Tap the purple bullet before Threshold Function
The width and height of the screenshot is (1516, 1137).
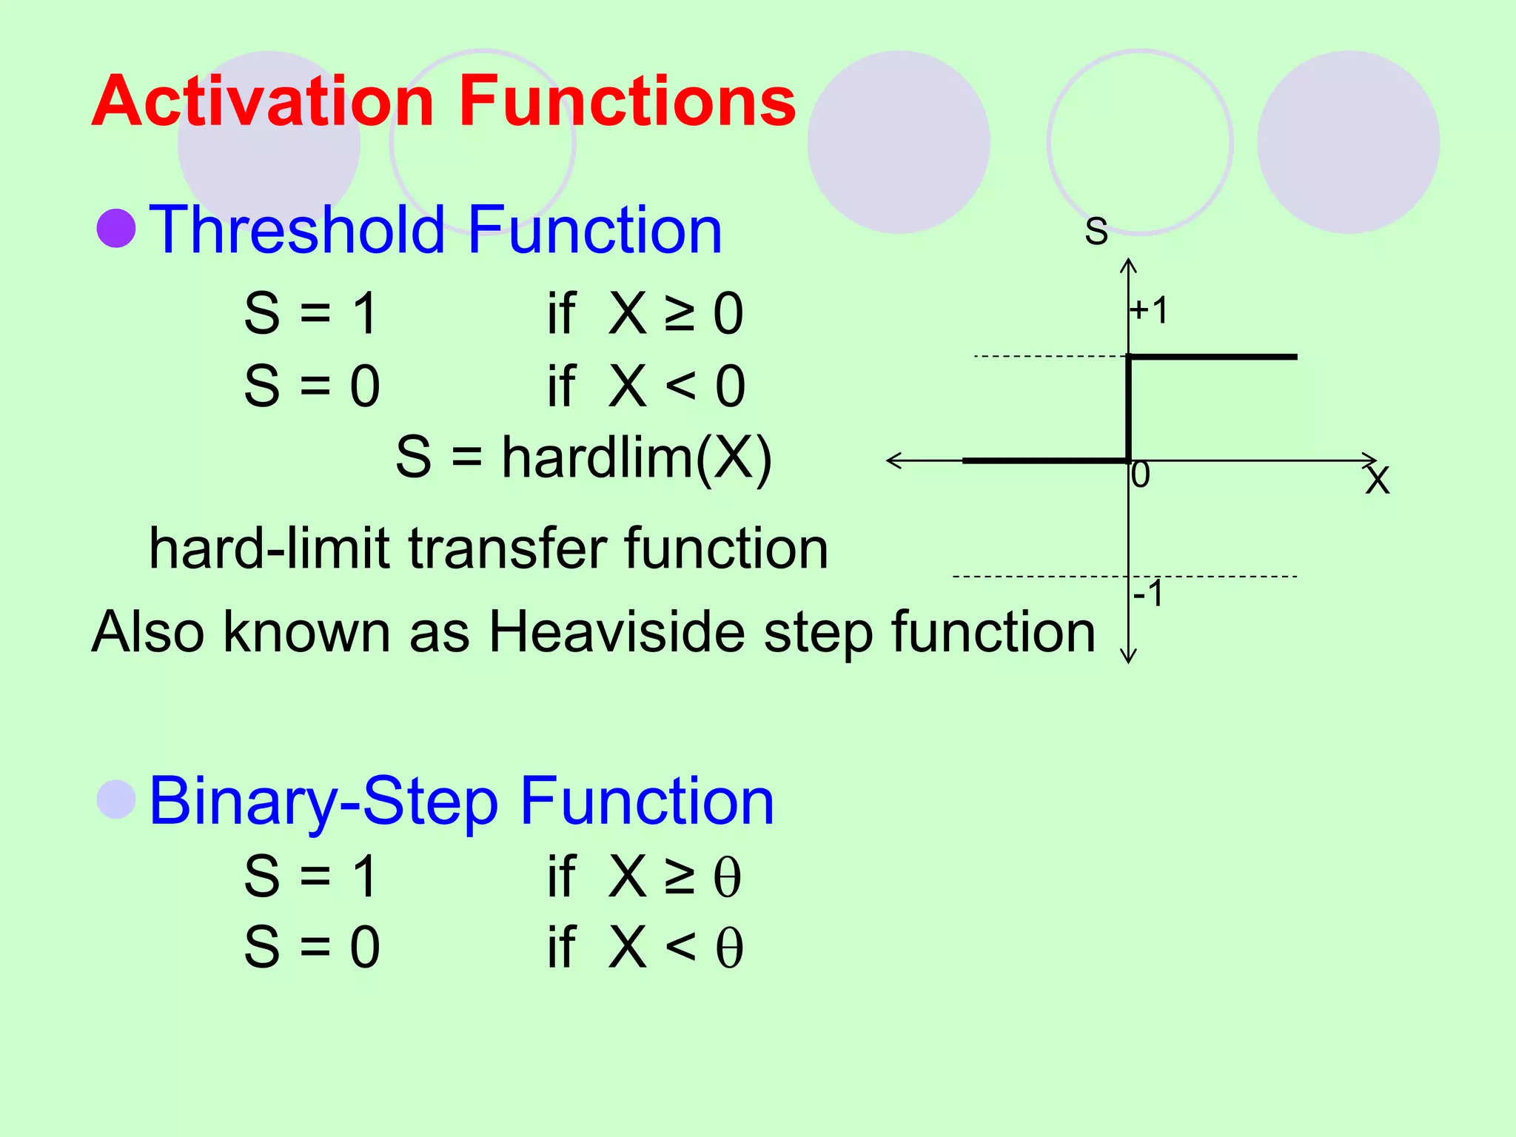(116, 228)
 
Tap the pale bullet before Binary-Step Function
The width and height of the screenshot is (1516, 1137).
(116, 799)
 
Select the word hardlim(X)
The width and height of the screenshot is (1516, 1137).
(637, 457)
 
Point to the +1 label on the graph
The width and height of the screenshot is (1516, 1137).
(1150, 310)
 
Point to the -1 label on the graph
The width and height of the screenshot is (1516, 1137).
(1148, 594)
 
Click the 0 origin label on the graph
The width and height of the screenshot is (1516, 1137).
(1141, 475)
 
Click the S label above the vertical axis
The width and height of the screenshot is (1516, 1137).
(1096, 230)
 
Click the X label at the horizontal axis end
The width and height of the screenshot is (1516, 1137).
(1378, 480)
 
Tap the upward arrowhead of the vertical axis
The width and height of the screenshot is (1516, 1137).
(1128, 264)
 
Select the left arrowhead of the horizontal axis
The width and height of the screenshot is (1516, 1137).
(893, 460)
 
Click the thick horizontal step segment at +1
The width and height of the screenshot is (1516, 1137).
(1214, 357)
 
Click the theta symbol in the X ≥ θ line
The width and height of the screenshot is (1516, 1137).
(727, 878)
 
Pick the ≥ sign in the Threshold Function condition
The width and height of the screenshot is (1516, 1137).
(680, 314)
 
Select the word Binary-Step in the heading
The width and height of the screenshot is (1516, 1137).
(323, 802)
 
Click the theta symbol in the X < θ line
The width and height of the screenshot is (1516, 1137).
(729, 948)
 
